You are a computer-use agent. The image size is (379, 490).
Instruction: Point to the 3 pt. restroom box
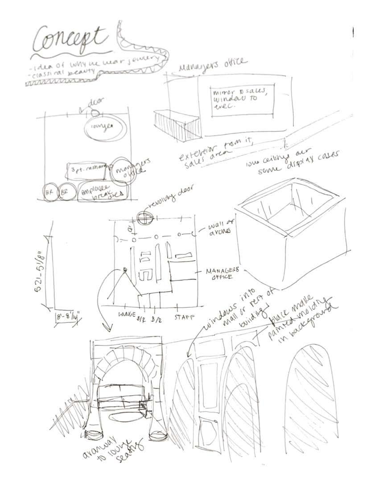coord(87,169)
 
